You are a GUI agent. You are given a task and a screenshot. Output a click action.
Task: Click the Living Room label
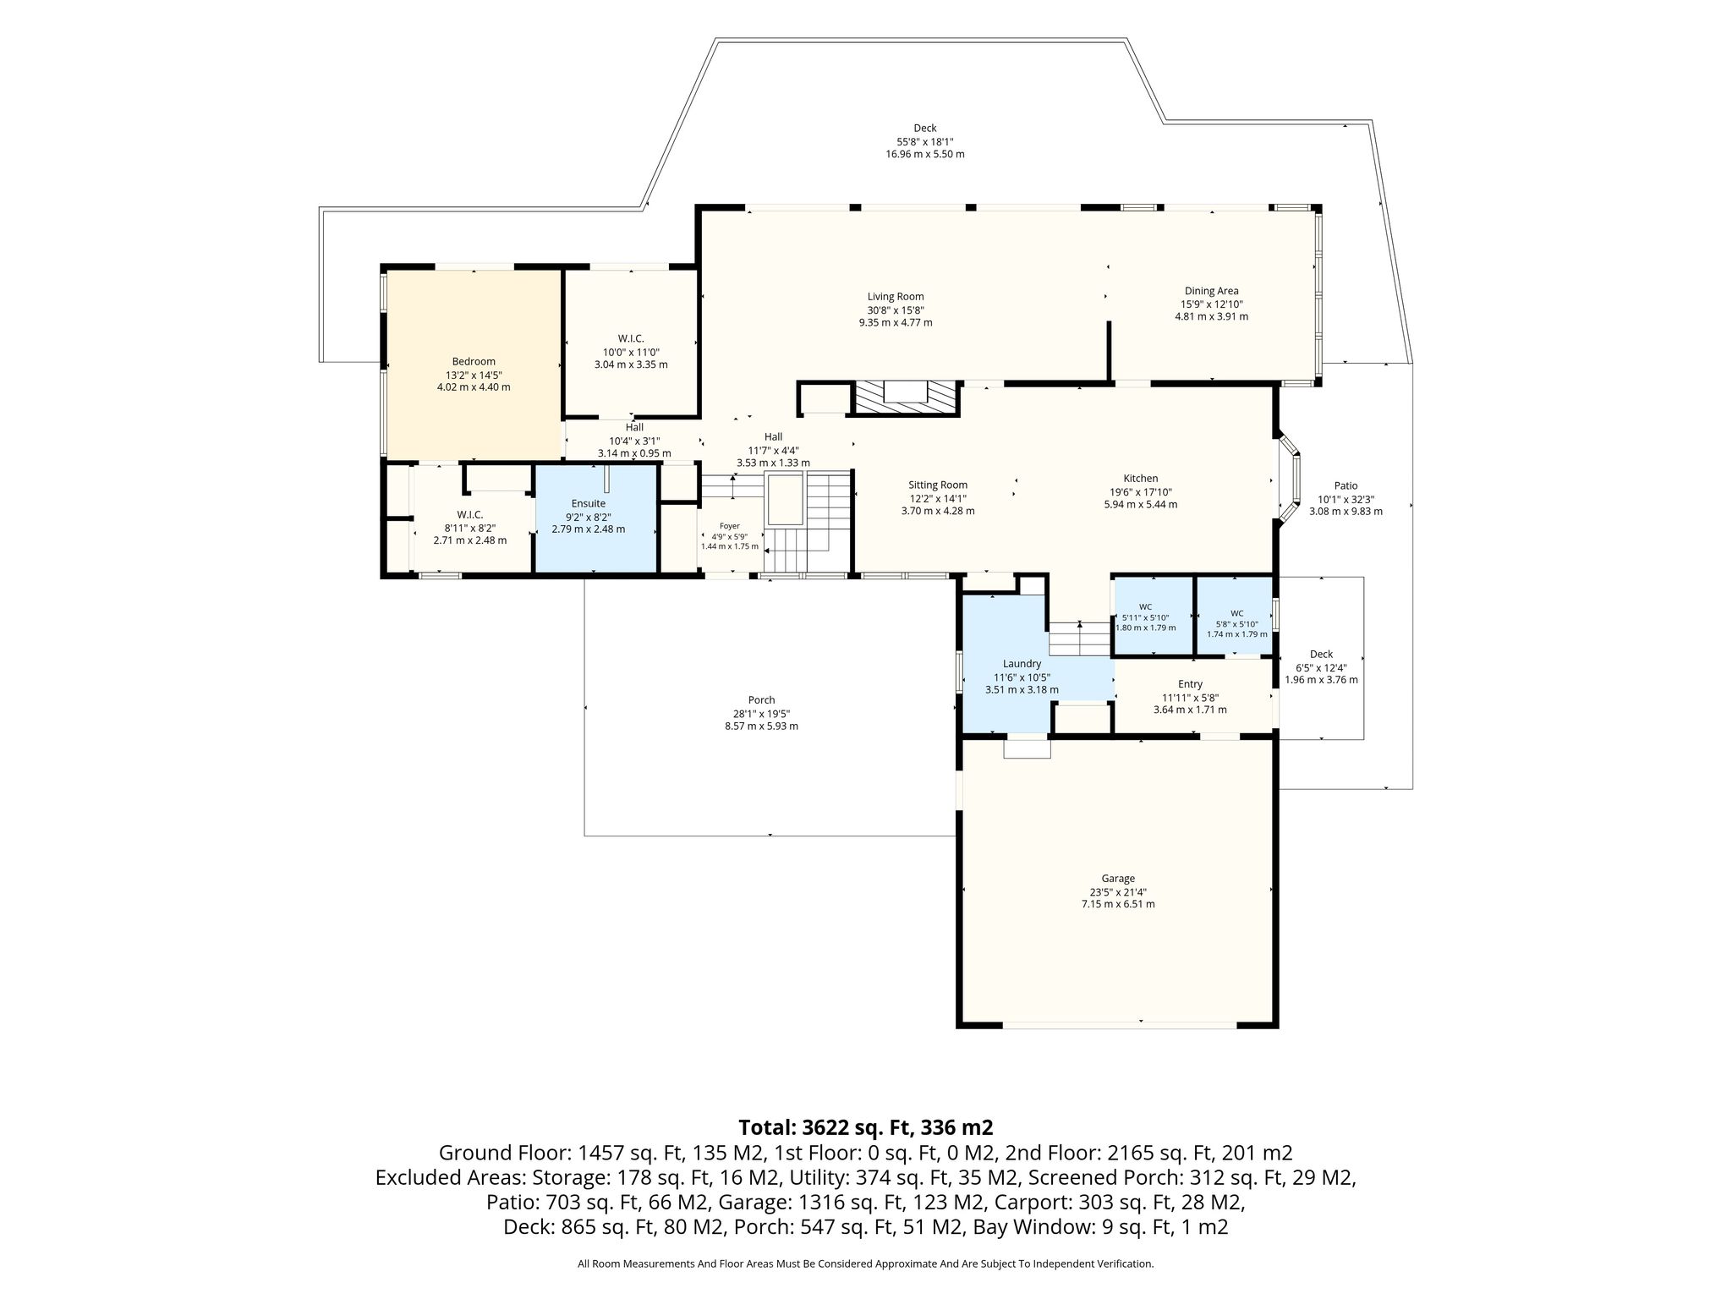[x=896, y=297]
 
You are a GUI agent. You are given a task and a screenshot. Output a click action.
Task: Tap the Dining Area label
[x=1211, y=291]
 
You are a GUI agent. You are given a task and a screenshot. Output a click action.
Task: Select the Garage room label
[x=1118, y=879]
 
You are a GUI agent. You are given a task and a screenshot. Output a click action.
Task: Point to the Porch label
[x=761, y=700]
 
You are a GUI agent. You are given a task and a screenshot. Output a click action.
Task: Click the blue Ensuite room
[x=596, y=518]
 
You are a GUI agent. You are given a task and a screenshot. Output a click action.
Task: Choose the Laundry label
[x=1022, y=664]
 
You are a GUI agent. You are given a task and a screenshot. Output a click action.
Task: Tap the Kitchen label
[x=1140, y=479]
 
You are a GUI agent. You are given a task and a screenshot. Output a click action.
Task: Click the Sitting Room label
[x=938, y=485]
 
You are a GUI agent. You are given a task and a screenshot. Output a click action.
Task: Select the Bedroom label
[x=474, y=362]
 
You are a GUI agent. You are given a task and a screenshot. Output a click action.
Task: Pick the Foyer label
[x=729, y=526]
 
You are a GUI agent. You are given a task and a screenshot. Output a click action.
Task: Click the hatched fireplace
[x=905, y=397]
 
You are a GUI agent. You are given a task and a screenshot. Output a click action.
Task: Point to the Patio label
[x=1346, y=486]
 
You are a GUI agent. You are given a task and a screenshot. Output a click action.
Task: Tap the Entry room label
[x=1190, y=684]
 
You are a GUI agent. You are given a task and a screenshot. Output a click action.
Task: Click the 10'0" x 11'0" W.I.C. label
[x=631, y=339]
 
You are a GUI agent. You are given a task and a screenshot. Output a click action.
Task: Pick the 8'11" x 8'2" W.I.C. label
[x=470, y=515]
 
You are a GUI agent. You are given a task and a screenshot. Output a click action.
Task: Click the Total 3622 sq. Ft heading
[x=865, y=1127]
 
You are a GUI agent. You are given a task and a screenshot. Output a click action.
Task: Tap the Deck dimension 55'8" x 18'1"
[x=925, y=141]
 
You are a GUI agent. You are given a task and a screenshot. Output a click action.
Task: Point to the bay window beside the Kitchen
[x=1291, y=479]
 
